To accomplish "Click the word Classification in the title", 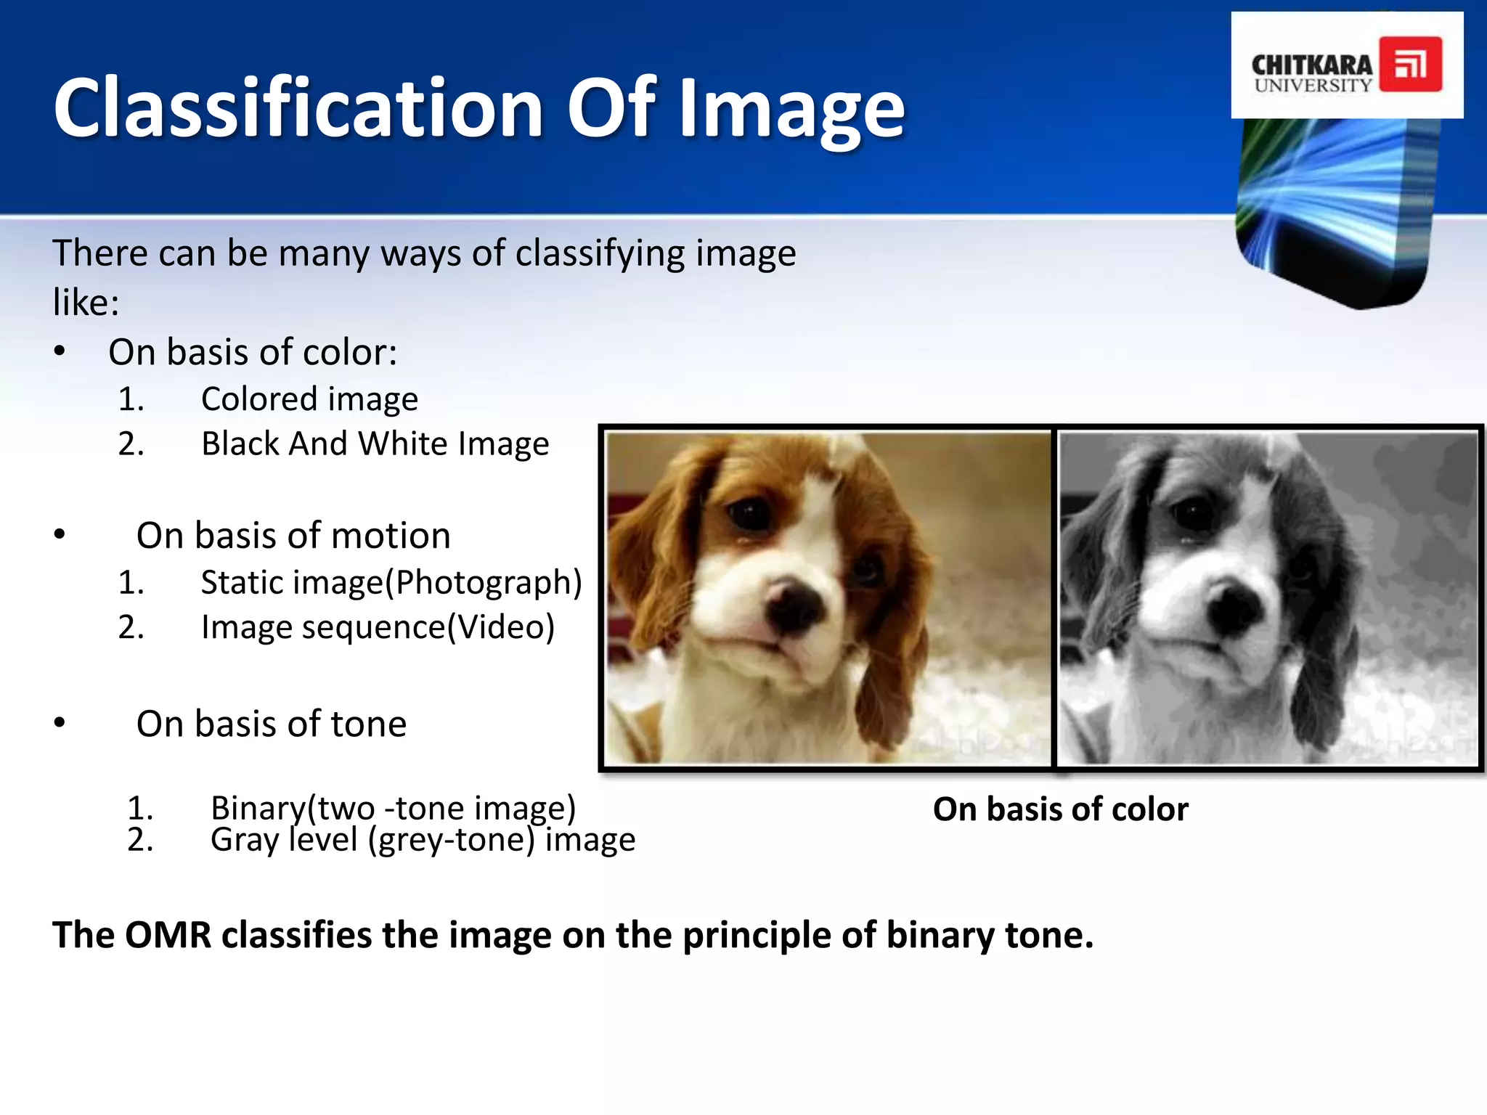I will [298, 109].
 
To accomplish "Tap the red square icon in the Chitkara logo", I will [1410, 65].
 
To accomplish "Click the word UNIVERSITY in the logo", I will [1313, 86].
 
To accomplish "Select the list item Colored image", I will [309, 399].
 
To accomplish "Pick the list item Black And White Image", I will [375, 444].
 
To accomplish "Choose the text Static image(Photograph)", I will [391, 582].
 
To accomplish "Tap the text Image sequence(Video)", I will [378, 627].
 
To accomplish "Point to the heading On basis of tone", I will [272, 724].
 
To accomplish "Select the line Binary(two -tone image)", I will [393, 807].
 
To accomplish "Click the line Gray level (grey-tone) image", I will [423, 840].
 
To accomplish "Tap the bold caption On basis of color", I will [1060, 809].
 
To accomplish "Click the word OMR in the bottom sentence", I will [168, 935].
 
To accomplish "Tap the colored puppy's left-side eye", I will [748, 514].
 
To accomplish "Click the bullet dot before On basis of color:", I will [60, 352].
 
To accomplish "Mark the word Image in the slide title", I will [791, 109].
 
